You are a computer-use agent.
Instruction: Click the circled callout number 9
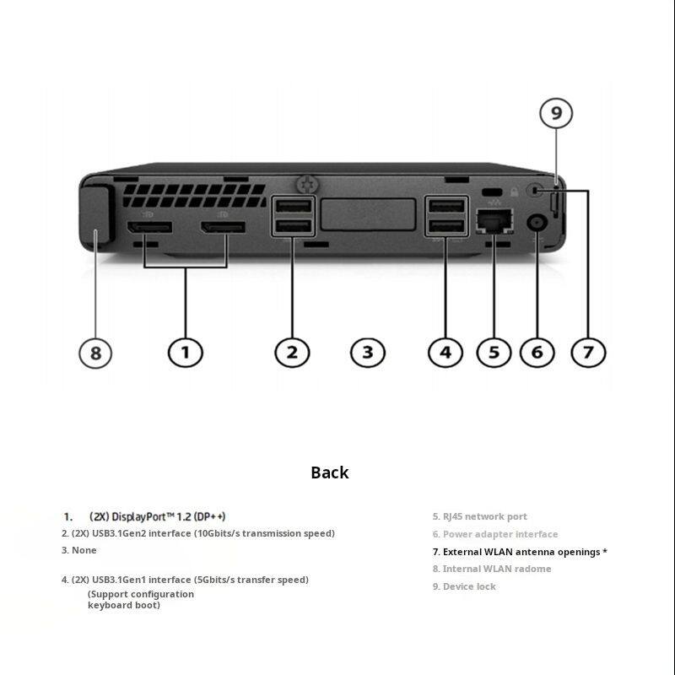tap(556, 114)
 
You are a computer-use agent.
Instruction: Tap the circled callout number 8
tap(95, 352)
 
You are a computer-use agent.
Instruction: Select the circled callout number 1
tap(186, 352)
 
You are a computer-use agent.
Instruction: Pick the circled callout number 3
tap(367, 352)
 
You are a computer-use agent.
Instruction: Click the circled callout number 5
tap(494, 352)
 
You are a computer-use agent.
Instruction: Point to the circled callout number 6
tap(537, 352)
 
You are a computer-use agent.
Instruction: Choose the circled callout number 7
tap(589, 352)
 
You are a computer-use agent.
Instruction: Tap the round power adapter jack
tap(537, 224)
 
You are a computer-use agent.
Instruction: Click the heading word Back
tap(329, 472)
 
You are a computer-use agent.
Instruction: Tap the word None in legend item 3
tap(84, 550)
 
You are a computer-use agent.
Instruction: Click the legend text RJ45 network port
tap(485, 516)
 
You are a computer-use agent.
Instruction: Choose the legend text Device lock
tap(469, 586)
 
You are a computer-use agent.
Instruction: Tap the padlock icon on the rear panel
tap(515, 192)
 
